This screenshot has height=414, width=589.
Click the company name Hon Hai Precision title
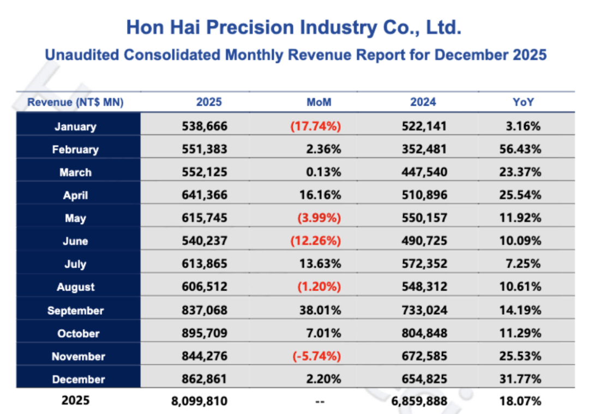click(x=294, y=27)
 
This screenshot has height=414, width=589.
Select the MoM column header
click(x=319, y=102)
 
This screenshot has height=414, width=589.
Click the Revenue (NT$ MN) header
click(x=75, y=102)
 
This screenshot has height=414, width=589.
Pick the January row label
click(x=75, y=127)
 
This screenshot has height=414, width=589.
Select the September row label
click(x=75, y=311)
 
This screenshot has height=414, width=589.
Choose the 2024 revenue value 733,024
click(x=423, y=311)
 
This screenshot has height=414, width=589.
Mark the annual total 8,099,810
click(x=199, y=401)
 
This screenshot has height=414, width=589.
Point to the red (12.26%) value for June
click(x=319, y=241)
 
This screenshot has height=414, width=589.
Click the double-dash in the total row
click(x=320, y=402)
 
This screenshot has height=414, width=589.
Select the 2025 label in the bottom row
click(x=75, y=400)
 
